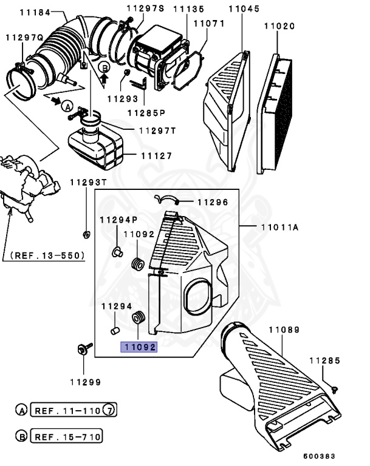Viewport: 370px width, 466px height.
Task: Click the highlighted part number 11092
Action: [139, 348]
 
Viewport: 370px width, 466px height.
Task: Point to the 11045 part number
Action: [244, 9]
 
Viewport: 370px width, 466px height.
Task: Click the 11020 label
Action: [279, 26]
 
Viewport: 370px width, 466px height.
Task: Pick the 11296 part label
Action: [212, 202]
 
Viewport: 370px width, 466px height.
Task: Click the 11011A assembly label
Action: [280, 228]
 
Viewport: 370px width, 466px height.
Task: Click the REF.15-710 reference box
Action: [67, 436]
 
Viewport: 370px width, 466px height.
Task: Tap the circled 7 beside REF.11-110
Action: [109, 410]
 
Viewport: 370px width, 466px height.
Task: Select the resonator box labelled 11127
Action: [98, 147]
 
